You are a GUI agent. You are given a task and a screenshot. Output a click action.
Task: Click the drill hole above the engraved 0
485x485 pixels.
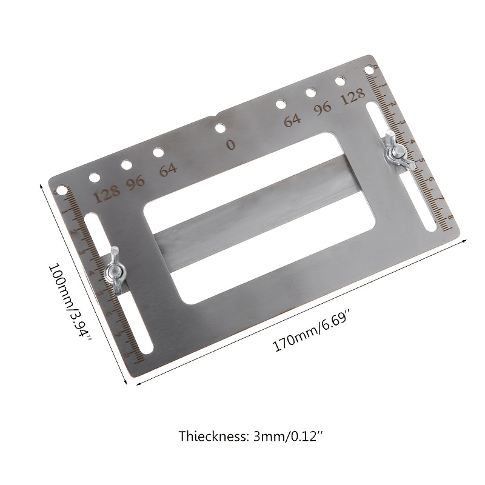coord(221,128)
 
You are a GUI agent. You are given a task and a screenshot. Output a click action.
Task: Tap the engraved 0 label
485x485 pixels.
coord(230,145)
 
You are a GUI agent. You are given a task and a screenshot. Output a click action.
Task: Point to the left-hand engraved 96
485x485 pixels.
coord(135,184)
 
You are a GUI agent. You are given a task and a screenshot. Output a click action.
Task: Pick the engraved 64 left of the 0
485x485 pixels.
coord(168,170)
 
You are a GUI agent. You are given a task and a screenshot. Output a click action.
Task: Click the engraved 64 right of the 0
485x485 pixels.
coord(292,119)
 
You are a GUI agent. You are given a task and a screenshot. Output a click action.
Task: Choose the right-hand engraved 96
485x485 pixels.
coord(323,107)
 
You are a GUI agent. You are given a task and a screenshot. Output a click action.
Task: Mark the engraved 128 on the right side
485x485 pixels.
coord(353,96)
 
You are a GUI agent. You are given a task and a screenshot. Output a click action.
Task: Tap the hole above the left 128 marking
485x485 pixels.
coord(95,178)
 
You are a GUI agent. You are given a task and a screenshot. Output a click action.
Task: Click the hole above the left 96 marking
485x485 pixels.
coord(127,165)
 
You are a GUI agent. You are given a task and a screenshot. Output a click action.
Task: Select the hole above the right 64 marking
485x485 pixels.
coord(281,104)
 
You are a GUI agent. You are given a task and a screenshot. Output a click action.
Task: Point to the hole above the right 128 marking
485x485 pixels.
coord(341,80)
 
